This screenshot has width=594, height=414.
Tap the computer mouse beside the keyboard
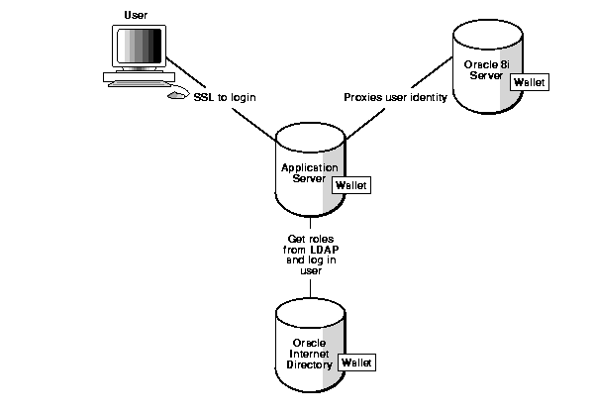coord(175,96)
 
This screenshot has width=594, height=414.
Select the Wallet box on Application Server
coord(351,185)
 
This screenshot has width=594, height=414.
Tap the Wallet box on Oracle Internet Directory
coord(356,363)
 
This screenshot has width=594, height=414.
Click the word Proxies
coord(363,98)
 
